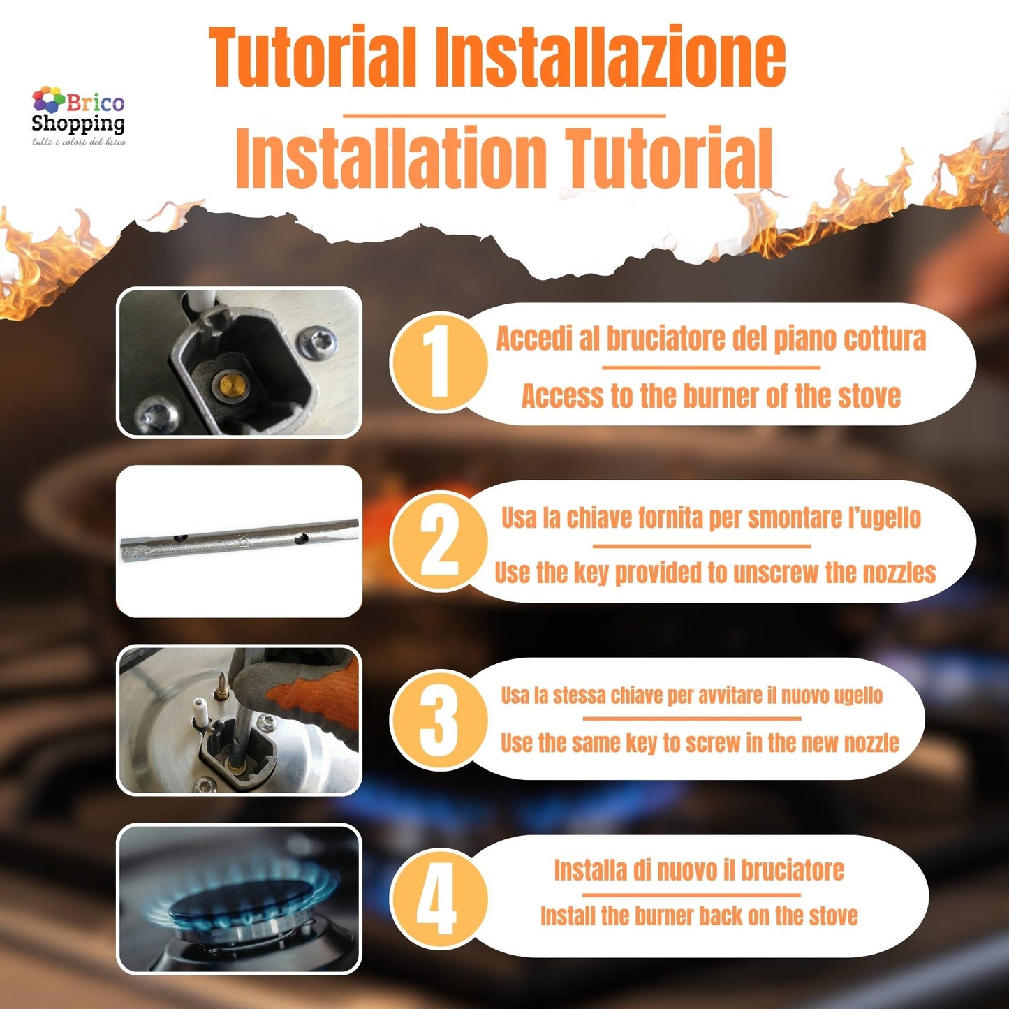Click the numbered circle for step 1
coord(439,362)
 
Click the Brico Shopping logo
coord(78,116)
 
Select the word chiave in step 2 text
coord(600,518)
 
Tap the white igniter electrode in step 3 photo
coord(200,709)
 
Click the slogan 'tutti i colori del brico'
coord(78,142)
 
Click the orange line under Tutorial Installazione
coord(503,115)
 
